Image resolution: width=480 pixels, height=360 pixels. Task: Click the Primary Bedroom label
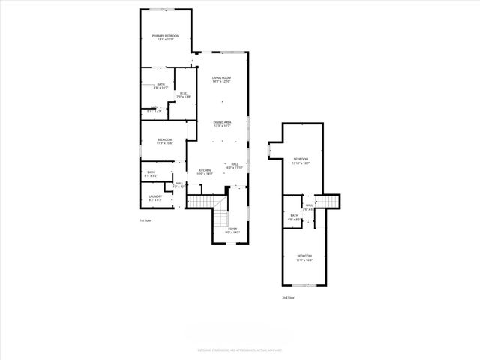tap(166, 37)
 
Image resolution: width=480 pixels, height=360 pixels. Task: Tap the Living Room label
tap(220, 79)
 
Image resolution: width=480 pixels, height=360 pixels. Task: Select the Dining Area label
tap(221, 124)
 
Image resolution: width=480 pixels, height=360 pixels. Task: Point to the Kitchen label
tap(205, 172)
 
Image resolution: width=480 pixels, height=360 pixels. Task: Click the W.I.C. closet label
tap(184, 95)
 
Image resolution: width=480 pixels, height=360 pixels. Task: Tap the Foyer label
tap(232, 230)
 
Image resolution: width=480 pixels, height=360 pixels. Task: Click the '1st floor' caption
tap(145, 221)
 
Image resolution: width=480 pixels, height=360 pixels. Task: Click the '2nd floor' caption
tap(288, 298)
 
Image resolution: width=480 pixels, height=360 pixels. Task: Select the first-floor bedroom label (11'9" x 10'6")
tap(165, 141)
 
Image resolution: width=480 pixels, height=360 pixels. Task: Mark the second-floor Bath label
tap(295, 217)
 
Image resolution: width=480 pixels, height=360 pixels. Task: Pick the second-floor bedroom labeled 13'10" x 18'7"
tap(301, 160)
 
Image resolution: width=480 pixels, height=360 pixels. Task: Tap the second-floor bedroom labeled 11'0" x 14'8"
tap(304, 258)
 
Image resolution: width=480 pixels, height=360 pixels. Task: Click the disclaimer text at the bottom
tap(239, 350)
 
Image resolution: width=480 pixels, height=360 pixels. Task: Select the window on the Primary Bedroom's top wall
tap(166, 10)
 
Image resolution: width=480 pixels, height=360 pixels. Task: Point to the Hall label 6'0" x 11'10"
tap(235, 166)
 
